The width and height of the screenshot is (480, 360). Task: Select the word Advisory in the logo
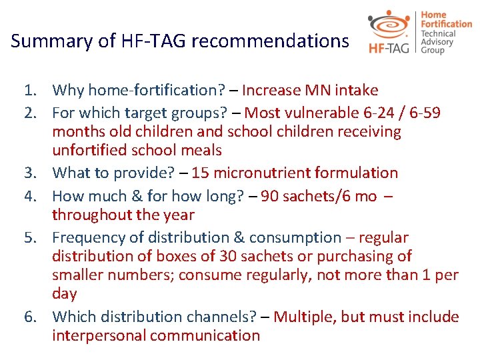[x=437, y=42]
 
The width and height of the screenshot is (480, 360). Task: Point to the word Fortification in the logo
[x=446, y=24]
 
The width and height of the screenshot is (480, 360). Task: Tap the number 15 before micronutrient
[x=200, y=173]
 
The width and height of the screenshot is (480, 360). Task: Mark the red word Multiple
[x=302, y=317]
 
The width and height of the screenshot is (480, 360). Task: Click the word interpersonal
[x=99, y=335]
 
